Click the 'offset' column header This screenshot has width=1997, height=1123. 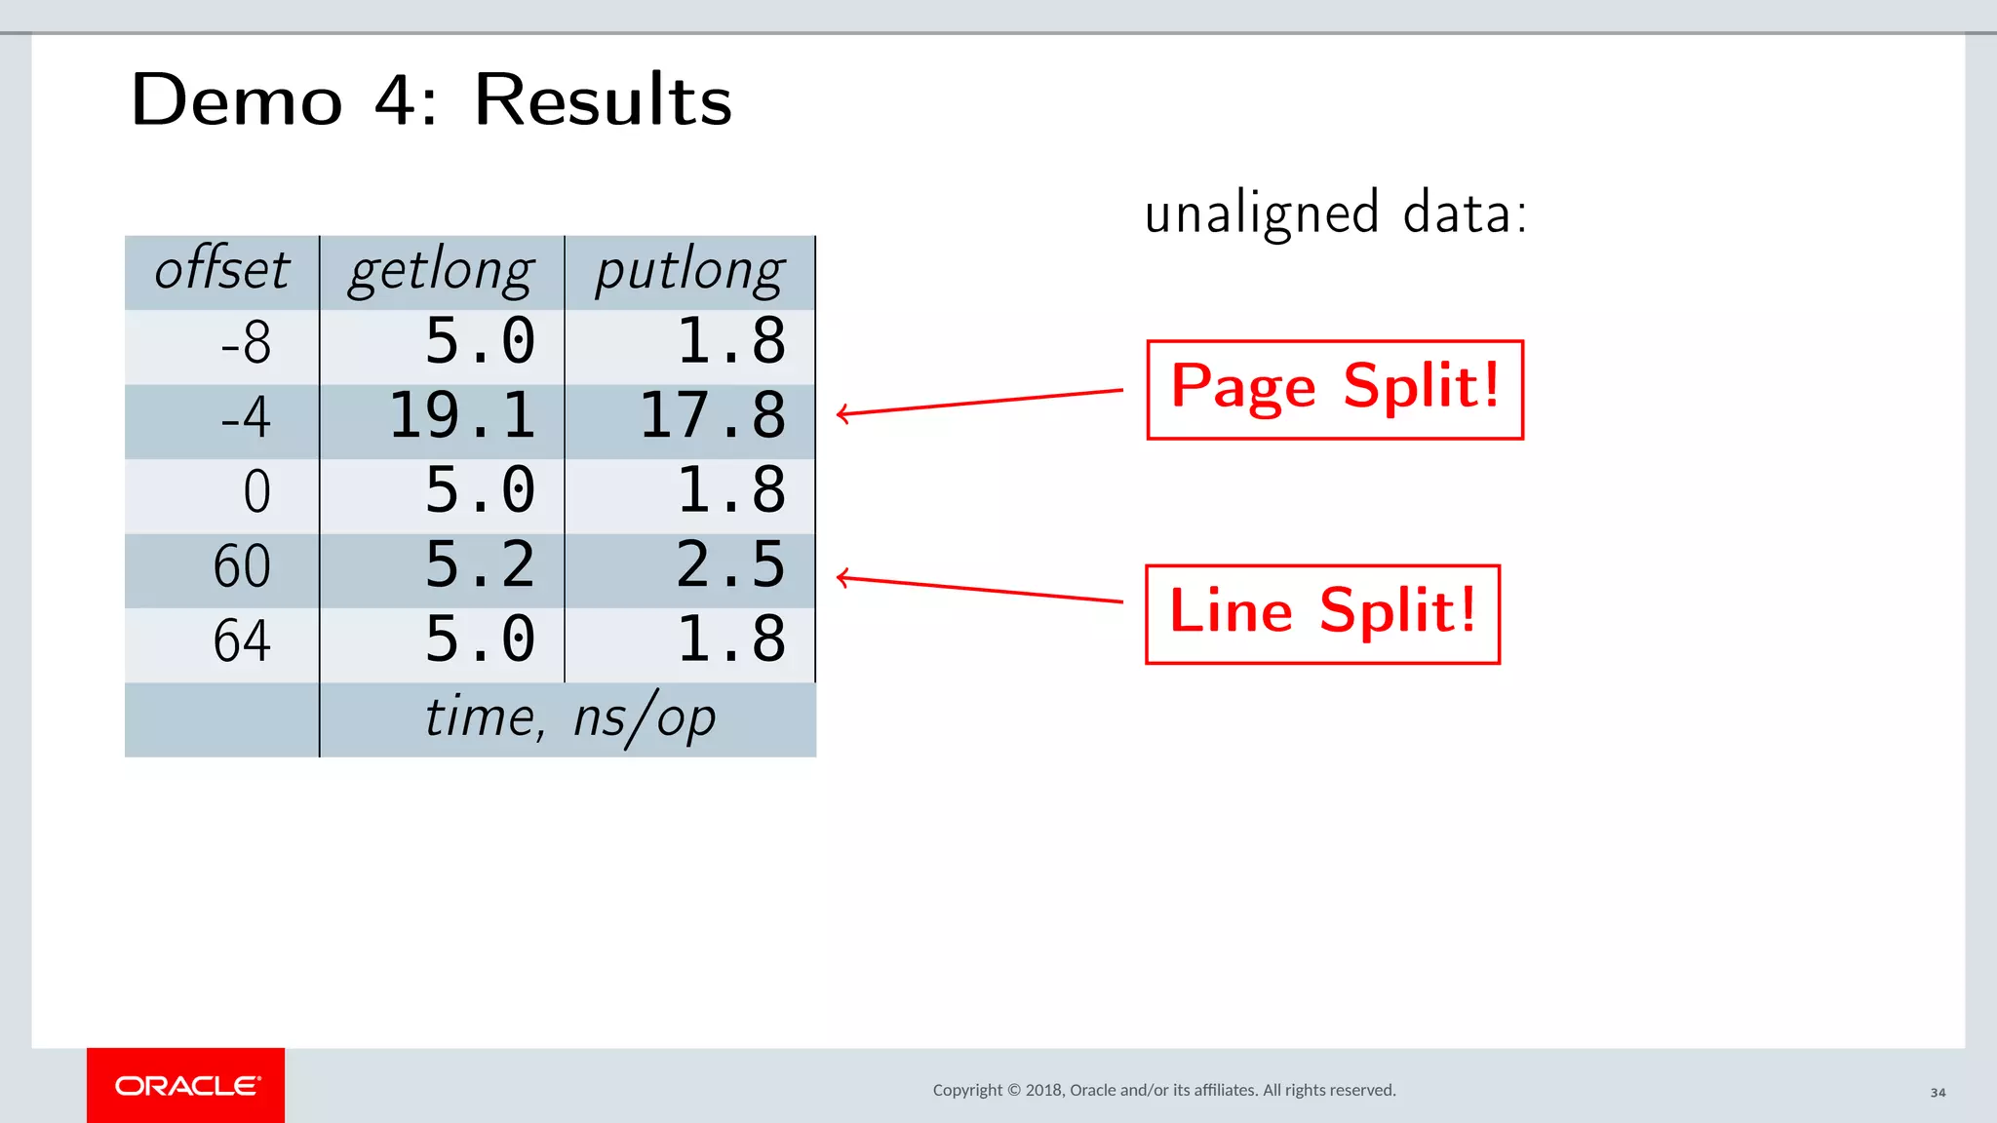pyautogui.click(x=222, y=270)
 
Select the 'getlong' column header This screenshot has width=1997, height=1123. pyautogui.click(x=442, y=270)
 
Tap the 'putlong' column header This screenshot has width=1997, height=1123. pyautogui.click(x=690, y=270)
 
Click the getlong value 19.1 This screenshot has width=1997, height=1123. pyautogui.click(x=462, y=416)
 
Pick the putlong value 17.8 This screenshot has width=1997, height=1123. pyautogui.click(x=713, y=416)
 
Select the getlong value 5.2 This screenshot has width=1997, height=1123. pyautogui.click(x=480, y=565)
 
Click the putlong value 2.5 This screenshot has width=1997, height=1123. pyautogui.click(x=730, y=565)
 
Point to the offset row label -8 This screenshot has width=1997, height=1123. pyautogui.click(x=246, y=343)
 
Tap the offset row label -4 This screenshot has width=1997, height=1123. pyautogui.click(x=246, y=418)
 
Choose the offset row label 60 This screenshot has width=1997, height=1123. pyautogui.click(x=242, y=566)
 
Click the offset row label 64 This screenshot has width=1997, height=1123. pyautogui.click(x=242, y=641)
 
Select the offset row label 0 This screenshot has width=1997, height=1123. pyautogui.click(x=256, y=491)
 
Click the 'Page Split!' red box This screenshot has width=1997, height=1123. pyautogui.click(x=1335, y=390)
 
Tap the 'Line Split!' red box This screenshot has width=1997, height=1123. pyautogui.click(x=1322, y=614)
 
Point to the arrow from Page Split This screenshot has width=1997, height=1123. pyautogui.click(x=979, y=403)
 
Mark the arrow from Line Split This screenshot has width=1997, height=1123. pyautogui.click(x=979, y=590)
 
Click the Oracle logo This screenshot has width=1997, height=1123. pyautogui.click(x=186, y=1086)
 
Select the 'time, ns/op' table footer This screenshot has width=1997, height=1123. pyautogui.click(x=569, y=719)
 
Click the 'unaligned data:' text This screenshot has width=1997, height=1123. pyautogui.click(x=1335, y=213)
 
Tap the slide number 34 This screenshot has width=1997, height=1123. pyautogui.click(x=1938, y=1093)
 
